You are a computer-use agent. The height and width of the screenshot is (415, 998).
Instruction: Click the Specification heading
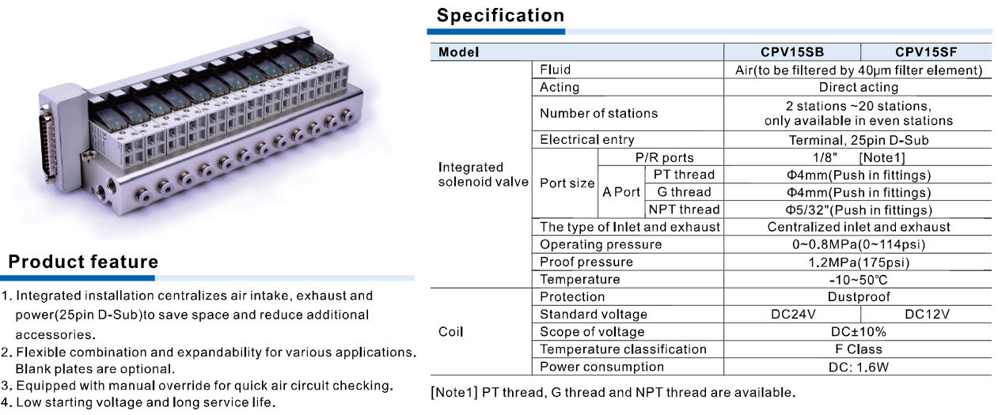(500, 15)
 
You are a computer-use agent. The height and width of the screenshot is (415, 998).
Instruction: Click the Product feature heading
(83, 262)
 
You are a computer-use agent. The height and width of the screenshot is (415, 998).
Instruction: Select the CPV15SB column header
(791, 52)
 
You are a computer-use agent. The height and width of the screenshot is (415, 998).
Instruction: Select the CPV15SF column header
(926, 52)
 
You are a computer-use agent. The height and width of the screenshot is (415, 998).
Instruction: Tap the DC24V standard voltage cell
(791, 315)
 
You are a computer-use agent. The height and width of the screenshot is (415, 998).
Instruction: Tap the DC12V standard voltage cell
(927, 315)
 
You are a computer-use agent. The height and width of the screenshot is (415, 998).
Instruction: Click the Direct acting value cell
(858, 87)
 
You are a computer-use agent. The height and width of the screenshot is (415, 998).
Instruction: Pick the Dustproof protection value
(858, 297)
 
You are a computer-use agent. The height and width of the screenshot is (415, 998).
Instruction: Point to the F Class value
(858, 349)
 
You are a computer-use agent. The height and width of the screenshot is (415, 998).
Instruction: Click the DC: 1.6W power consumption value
(858, 367)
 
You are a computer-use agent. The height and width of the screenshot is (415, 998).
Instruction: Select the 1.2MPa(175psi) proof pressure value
(858, 262)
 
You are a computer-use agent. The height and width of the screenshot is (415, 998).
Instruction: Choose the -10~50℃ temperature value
(858, 280)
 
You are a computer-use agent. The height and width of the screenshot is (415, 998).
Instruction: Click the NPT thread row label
(684, 209)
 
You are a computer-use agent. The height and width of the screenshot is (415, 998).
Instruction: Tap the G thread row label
(683, 192)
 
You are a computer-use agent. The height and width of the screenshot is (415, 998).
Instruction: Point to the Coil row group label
(450, 332)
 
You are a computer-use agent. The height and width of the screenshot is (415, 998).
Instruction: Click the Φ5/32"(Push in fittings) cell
(858, 209)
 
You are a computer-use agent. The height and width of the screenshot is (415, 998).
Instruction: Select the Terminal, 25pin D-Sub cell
(858, 140)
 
